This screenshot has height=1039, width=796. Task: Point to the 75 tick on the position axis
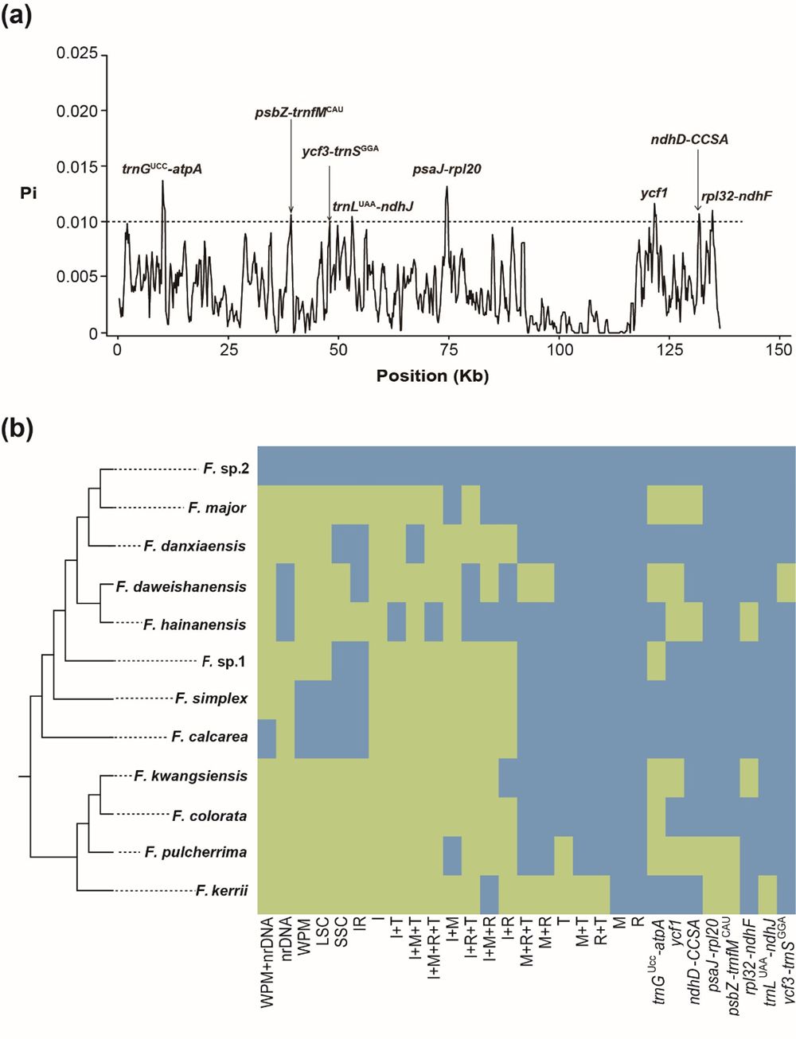[x=449, y=349]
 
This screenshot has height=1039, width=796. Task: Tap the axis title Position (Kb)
[x=432, y=376]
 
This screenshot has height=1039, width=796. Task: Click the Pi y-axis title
[x=29, y=193]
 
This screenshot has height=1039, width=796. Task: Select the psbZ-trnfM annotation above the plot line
[x=298, y=112]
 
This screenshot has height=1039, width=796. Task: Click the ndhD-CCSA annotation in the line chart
[x=689, y=139]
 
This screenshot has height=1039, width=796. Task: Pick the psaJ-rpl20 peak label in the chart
[x=447, y=169]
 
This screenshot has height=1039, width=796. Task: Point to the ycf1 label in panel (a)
[x=654, y=193]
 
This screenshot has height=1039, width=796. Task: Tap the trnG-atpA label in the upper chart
[x=162, y=169]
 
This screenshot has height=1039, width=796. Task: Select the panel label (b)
[x=17, y=430]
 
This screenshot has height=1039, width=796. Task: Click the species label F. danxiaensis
[x=195, y=547]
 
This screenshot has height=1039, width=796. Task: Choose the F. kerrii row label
[x=221, y=890]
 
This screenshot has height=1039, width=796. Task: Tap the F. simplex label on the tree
[x=211, y=699]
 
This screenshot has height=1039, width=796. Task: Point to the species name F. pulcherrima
[x=196, y=852]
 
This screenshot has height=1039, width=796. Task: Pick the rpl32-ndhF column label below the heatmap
[x=749, y=955]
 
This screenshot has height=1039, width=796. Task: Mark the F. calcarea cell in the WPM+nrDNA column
[x=267, y=737]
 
